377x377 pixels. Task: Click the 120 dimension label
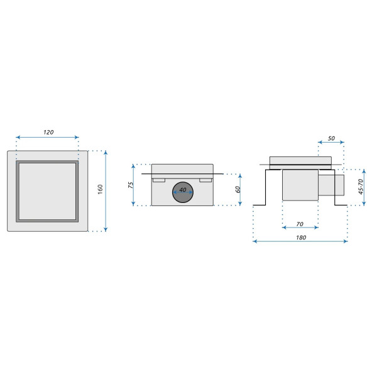(x=48, y=132)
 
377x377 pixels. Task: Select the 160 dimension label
(x=99, y=190)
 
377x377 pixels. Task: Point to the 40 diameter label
(x=183, y=189)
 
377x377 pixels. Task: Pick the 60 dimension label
(x=238, y=189)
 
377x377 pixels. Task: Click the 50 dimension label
(x=331, y=137)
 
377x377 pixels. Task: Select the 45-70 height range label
(x=360, y=187)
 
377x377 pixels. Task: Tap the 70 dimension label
(x=300, y=223)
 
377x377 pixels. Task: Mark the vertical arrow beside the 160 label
(x=106, y=190)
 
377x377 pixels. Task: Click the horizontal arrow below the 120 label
(x=48, y=137)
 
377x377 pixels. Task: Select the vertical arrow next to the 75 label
(x=134, y=185)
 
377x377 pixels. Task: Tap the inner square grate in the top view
(x=48, y=192)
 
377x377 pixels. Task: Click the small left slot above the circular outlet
(x=158, y=180)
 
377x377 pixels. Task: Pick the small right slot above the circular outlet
(x=206, y=180)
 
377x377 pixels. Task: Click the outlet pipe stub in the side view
(x=332, y=187)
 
